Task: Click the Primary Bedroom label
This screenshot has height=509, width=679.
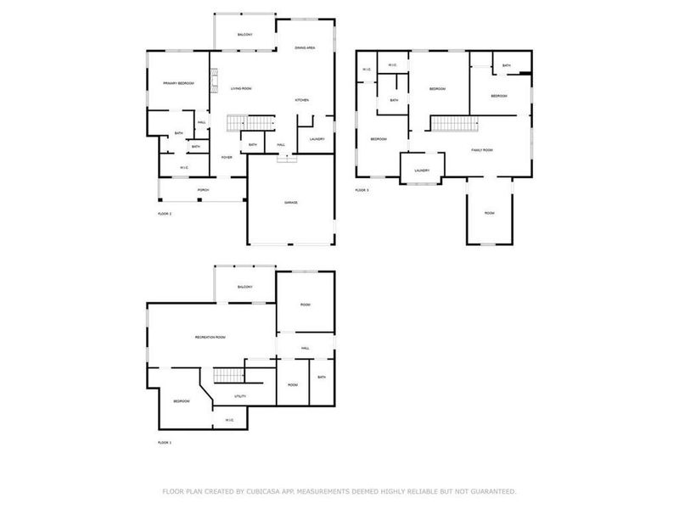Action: pos(179,82)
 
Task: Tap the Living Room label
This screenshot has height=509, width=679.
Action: pos(241,88)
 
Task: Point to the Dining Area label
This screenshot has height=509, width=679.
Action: pos(306,48)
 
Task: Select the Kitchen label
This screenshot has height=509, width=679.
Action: pos(302,100)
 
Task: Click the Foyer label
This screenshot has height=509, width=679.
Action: pos(227,157)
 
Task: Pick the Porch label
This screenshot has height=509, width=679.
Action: pos(203,189)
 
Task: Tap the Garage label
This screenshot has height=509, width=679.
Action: pos(290,203)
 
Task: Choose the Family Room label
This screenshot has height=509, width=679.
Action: pos(482,149)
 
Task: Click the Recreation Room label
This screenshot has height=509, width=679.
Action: pos(210,338)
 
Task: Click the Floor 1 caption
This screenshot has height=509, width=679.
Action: pos(165,443)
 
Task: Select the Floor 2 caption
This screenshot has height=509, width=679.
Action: pos(165,214)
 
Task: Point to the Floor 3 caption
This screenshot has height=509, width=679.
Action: pos(362,190)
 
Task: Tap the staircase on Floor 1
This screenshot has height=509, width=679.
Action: pos(227,376)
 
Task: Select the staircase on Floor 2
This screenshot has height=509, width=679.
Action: pos(252,124)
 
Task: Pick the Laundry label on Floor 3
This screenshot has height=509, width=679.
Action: pos(422,171)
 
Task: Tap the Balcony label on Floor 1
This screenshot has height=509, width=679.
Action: pos(245,287)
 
